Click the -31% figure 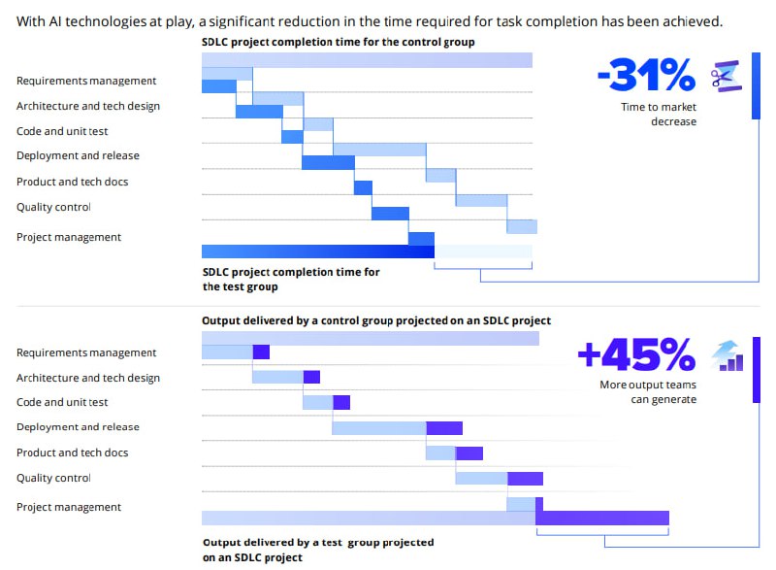coord(646,75)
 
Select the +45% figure coord(636,355)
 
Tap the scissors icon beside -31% coord(727,76)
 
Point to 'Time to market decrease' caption coord(659,115)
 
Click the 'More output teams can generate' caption coord(647,392)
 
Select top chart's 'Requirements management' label coord(86,81)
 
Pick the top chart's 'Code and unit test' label coord(62,131)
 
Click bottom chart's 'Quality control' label coord(53,478)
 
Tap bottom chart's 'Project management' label coord(69,507)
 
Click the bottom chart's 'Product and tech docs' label coord(72,453)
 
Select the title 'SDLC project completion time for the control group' coord(338,42)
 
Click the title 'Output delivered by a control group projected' coord(376,320)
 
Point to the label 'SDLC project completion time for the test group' coord(290,280)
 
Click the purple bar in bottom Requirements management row coord(261,352)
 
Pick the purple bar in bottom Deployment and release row coord(444,427)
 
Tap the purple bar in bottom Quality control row coord(525,478)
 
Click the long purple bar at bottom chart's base coord(601,518)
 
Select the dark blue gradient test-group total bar coord(317,251)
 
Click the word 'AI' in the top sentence coord(56,20)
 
